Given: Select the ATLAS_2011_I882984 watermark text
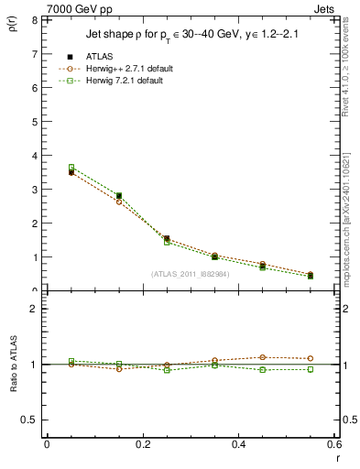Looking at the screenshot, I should [190, 273].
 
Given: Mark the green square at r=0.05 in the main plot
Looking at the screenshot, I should [71, 168].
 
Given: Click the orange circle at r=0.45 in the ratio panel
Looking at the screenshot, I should [262, 357].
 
